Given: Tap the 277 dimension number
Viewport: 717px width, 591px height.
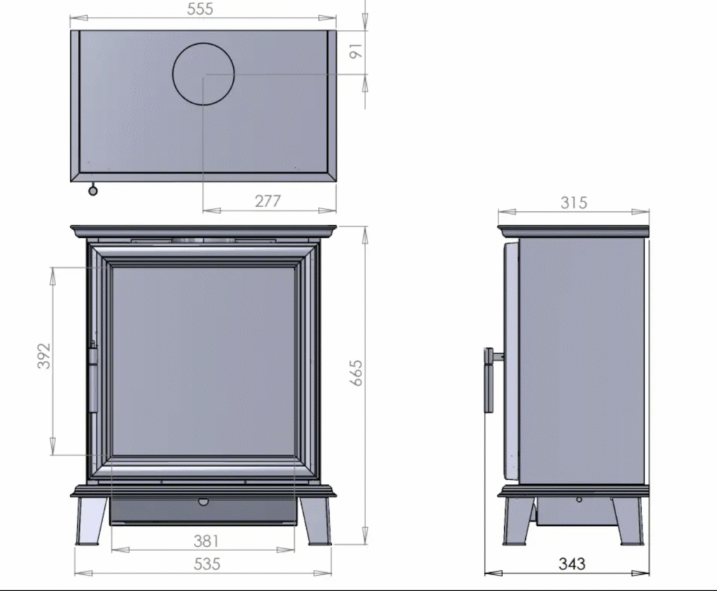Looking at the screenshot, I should pos(267,201).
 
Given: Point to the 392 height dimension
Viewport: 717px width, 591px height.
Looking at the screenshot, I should pos(43,356).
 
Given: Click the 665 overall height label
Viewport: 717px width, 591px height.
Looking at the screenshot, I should pos(356,373).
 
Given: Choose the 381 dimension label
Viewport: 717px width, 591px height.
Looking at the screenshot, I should pos(206,541).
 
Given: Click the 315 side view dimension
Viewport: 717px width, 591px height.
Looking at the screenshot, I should pos(573,202).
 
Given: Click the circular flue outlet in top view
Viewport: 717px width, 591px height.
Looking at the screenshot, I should pos(203,73).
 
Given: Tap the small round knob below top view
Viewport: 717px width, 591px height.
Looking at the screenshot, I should pos(93,190).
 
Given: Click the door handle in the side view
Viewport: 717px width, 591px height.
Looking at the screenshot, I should pos(489,381).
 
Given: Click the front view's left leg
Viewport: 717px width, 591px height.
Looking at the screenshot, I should pos(91,521).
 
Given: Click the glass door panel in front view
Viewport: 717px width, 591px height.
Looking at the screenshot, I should pos(203,360).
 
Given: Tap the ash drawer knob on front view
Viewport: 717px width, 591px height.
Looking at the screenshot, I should pos(203,501).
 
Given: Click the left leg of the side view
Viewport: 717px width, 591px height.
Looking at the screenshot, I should pos(517,521).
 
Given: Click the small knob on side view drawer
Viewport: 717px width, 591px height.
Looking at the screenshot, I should pos(579,499).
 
